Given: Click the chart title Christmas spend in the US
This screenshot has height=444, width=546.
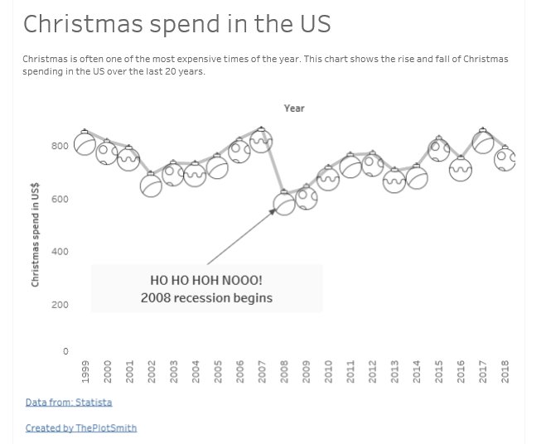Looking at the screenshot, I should click(x=176, y=24).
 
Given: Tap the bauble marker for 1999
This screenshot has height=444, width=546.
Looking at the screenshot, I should click(x=85, y=143).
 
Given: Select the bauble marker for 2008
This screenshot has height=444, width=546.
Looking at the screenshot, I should click(x=284, y=204).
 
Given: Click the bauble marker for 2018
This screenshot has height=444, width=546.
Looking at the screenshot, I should click(x=505, y=158).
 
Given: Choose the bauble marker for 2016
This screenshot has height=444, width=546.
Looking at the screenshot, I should click(x=461, y=168).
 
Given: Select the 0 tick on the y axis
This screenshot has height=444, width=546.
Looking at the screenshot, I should click(x=65, y=352).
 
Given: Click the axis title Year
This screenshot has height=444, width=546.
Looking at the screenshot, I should click(x=294, y=109).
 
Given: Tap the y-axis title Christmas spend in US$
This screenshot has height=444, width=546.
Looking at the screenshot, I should click(x=36, y=236).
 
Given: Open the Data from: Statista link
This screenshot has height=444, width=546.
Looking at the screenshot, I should click(x=69, y=403).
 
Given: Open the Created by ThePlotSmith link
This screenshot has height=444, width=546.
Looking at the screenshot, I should click(x=81, y=428).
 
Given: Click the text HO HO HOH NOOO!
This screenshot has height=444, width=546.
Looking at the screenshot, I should click(x=206, y=281).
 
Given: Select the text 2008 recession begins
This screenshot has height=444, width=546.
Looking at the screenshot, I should click(x=206, y=298).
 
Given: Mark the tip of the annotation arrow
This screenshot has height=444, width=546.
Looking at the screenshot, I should click(x=276, y=209).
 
